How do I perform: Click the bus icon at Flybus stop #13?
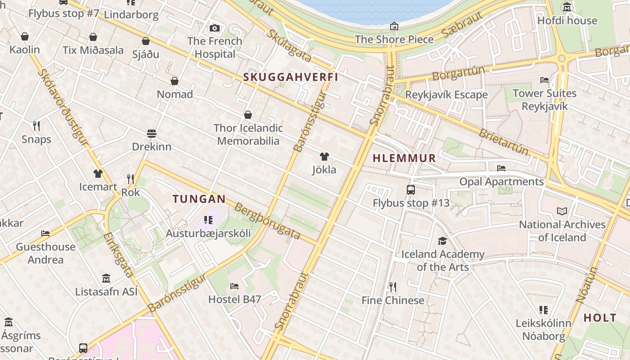410,189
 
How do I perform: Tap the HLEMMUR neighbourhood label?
405,158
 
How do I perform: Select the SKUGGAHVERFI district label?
291,77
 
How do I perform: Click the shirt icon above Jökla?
324,157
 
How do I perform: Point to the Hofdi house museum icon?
567,7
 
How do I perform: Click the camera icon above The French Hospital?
215,28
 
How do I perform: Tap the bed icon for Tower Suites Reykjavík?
544,80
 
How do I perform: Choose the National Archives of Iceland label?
562,231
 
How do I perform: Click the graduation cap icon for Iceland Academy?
442,241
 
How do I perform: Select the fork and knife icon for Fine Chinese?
392,287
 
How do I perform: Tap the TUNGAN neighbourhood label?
199,198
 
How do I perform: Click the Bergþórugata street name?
268,221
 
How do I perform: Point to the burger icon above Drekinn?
151,134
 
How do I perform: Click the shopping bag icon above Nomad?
175,81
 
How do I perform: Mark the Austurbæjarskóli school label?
208,234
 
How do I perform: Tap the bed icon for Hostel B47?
234,286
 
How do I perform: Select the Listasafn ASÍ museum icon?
106,278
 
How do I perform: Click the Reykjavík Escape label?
446,95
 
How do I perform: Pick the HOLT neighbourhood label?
600,318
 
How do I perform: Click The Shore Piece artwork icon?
394,26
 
